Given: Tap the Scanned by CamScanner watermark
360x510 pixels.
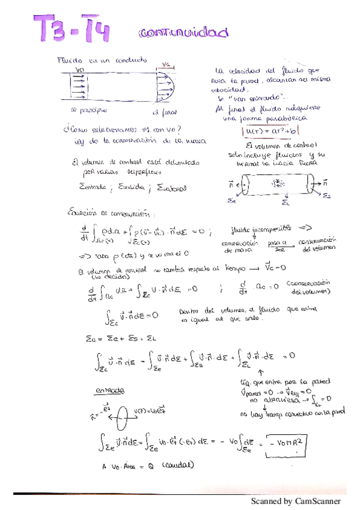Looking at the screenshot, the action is (295, 501).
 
